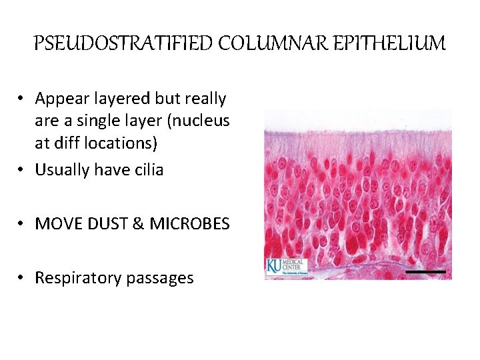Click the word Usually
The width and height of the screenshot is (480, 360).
tap(63, 170)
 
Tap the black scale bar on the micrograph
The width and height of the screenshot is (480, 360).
tap(425, 271)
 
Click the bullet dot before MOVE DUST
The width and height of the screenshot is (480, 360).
tap(22, 224)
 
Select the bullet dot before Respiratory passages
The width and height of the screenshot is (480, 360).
tap(22, 278)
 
